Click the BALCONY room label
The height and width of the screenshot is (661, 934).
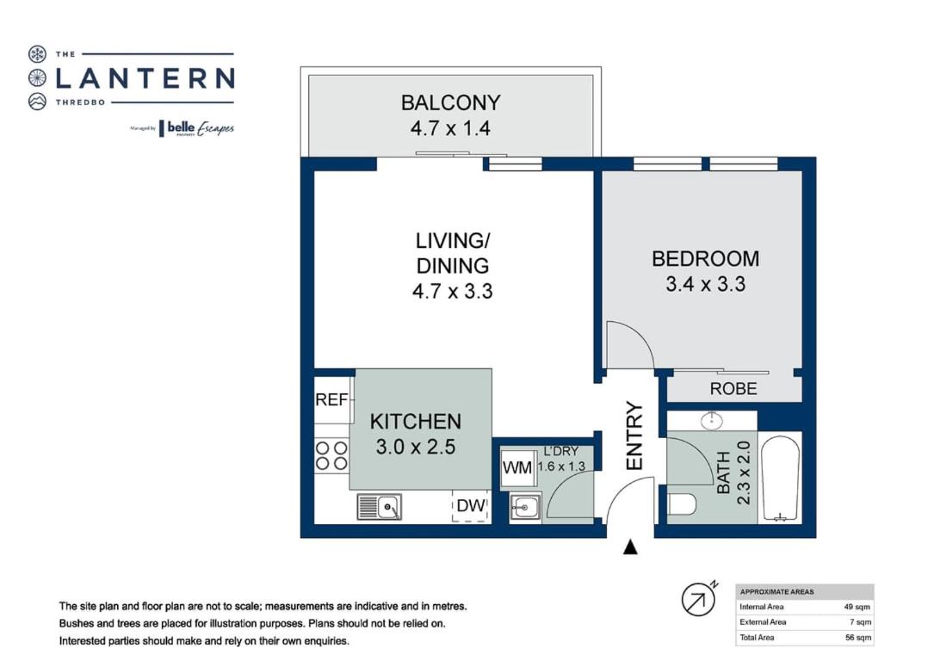click(450, 103)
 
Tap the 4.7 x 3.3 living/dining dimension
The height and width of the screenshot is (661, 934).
click(452, 291)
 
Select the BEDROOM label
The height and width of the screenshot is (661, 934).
click(705, 259)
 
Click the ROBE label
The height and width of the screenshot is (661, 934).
click(733, 389)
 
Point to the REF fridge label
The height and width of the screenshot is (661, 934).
click(331, 399)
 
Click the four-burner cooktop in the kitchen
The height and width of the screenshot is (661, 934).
click(331, 455)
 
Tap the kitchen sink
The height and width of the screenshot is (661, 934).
click(379, 507)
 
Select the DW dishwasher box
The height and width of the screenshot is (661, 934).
click(471, 506)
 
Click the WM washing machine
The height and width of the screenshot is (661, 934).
click(517, 467)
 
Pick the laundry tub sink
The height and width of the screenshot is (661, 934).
click(525, 508)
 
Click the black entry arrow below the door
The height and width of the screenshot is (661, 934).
click(630, 547)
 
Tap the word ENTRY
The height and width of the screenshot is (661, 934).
click(634, 436)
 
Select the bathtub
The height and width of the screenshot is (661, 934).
click(780, 479)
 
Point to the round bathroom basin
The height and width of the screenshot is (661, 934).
click(711, 421)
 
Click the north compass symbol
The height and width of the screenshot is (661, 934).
click(699, 599)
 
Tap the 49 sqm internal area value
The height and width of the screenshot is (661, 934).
click(857, 607)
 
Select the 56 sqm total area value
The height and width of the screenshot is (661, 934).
click(857, 637)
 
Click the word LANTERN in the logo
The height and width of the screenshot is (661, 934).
click(145, 78)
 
